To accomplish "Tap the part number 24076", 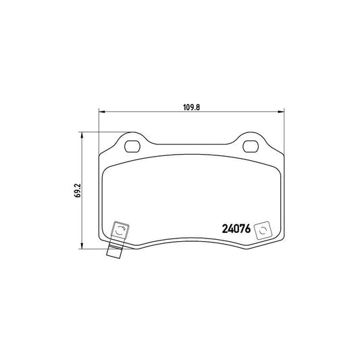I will [x=236, y=229].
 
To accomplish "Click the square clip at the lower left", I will [x=120, y=230].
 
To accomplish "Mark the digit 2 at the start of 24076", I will [x=226, y=229].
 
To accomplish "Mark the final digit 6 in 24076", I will [x=248, y=229].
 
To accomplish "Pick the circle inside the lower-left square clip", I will [x=120, y=230].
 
